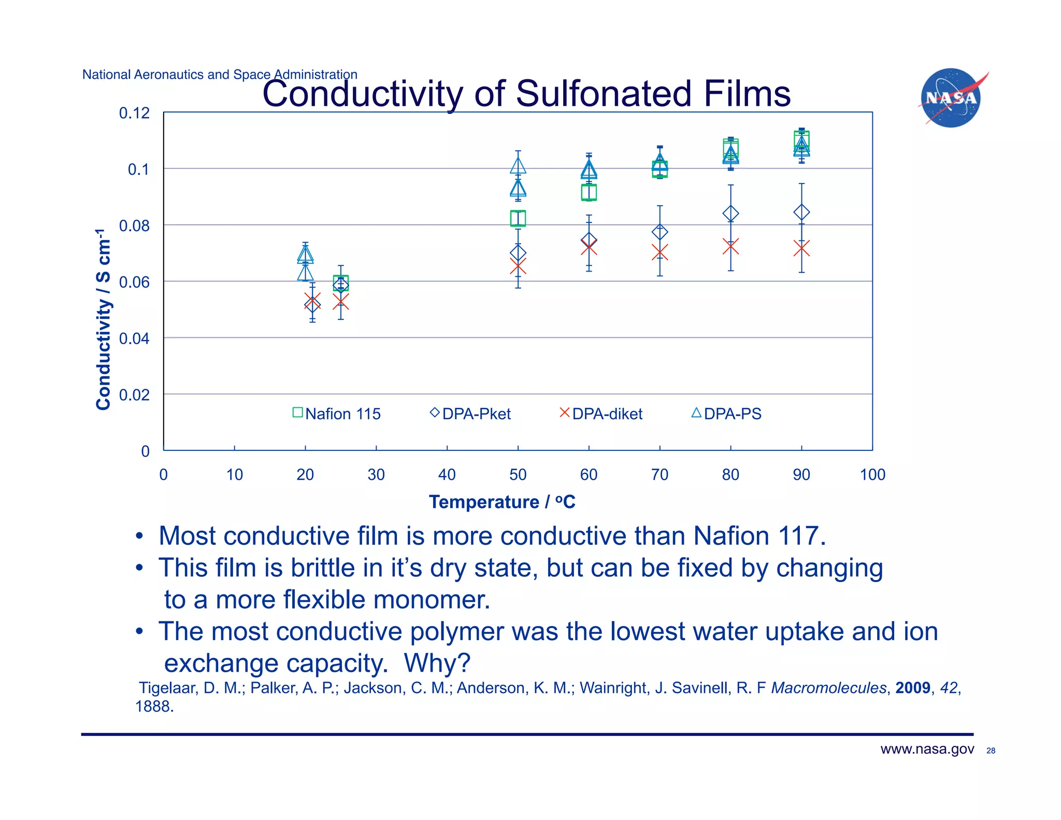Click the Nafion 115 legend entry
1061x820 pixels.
click(337, 414)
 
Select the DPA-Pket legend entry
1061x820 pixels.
click(470, 414)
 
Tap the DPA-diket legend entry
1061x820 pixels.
click(601, 414)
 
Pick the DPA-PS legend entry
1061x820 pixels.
click(726, 414)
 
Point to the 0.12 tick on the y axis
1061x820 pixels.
click(134, 113)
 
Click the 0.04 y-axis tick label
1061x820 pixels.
click(134, 338)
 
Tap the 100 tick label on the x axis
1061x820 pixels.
click(872, 474)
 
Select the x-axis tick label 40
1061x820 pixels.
click(447, 474)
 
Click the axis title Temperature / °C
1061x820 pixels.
click(502, 502)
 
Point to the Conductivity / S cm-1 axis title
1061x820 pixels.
click(104, 319)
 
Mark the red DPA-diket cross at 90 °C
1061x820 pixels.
click(801, 249)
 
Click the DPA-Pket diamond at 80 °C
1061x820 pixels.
click(730, 213)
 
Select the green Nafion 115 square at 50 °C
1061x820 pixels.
click(518, 218)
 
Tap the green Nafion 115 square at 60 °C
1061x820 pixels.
click(589, 192)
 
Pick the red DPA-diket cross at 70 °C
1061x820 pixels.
click(659, 252)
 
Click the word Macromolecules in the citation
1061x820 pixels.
click(828, 688)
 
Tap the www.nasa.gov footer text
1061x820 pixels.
click(927, 749)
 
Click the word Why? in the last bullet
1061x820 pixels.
click(437, 663)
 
